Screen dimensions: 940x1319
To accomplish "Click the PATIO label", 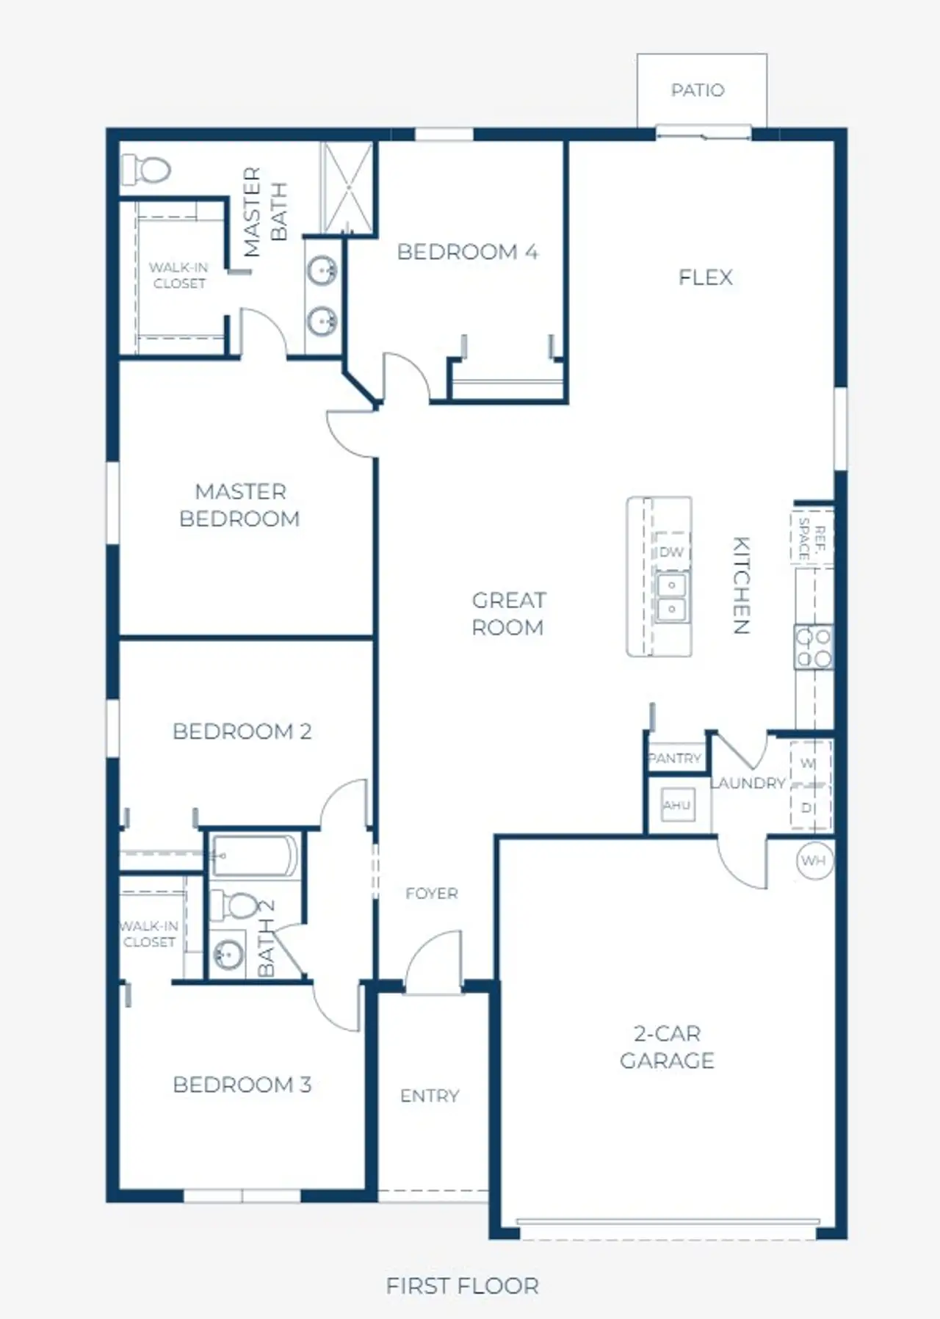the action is [x=698, y=90].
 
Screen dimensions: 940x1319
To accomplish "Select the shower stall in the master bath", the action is [x=348, y=187].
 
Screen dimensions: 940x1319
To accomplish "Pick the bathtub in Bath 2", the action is [x=254, y=855].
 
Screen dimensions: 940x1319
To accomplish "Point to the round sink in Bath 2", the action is [x=228, y=955].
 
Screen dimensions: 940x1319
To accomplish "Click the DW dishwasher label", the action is [x=671, y=552].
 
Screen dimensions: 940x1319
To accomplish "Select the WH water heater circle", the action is [x=814, y=861].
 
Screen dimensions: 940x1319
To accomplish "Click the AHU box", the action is [x=676, y=806].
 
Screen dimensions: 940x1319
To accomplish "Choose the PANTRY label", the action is [x=674, y=758].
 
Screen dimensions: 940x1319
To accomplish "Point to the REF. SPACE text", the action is [x=811, y=538].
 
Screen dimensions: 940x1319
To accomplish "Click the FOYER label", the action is [x=432, y=893].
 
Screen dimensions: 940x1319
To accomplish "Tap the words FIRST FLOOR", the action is [x=463, y=1286].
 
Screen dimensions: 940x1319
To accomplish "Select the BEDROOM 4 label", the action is [x=468, y=252].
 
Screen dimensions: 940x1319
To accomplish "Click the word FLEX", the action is [x=706, y=277].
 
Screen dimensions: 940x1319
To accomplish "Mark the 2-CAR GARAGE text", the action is [x=667, y=1047].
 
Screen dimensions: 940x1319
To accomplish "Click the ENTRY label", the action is [x=430, y=1096].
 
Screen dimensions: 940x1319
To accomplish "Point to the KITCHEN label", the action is [x=742, y=585].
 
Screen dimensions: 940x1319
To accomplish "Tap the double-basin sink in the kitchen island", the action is [x=671, y=597].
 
